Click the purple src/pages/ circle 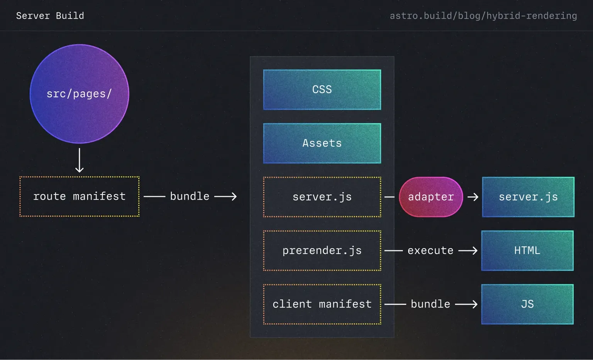pyautogui.click(x=79, y=94)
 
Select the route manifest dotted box pyautogui.click(x=79, y=196)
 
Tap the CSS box pyautogui.click(x=322, y=90)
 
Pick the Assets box pyautogui.click(x=322, y=143)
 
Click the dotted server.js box pyautogui.click(x=322, y=197)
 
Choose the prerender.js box pyautogui.click(x=322, y=250)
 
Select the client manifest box pyautogui.click(x=322, y=304)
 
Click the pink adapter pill pyautogui.click(x=431, y=197)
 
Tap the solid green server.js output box pyautogui.click(x=528, y=197)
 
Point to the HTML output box pyautogui.click(x=527, y=250)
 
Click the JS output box pyautogui.click(x=527, y=304)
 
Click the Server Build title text pyautogui.click(x=50, y=16)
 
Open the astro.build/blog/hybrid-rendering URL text pyautogui.click(x=483, y=16)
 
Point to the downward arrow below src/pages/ pyautogui.click(x=80, y=160)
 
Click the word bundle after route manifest pyautogui.click(x=190, y=196)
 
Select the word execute pyautogui.click(x=430, y=250)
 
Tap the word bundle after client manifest pyautogui.click(x=430, y=304)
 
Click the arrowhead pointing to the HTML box pyautogui.click(x=474, y=250)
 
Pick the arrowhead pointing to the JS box pyautogui.click(x=474, y=304)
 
